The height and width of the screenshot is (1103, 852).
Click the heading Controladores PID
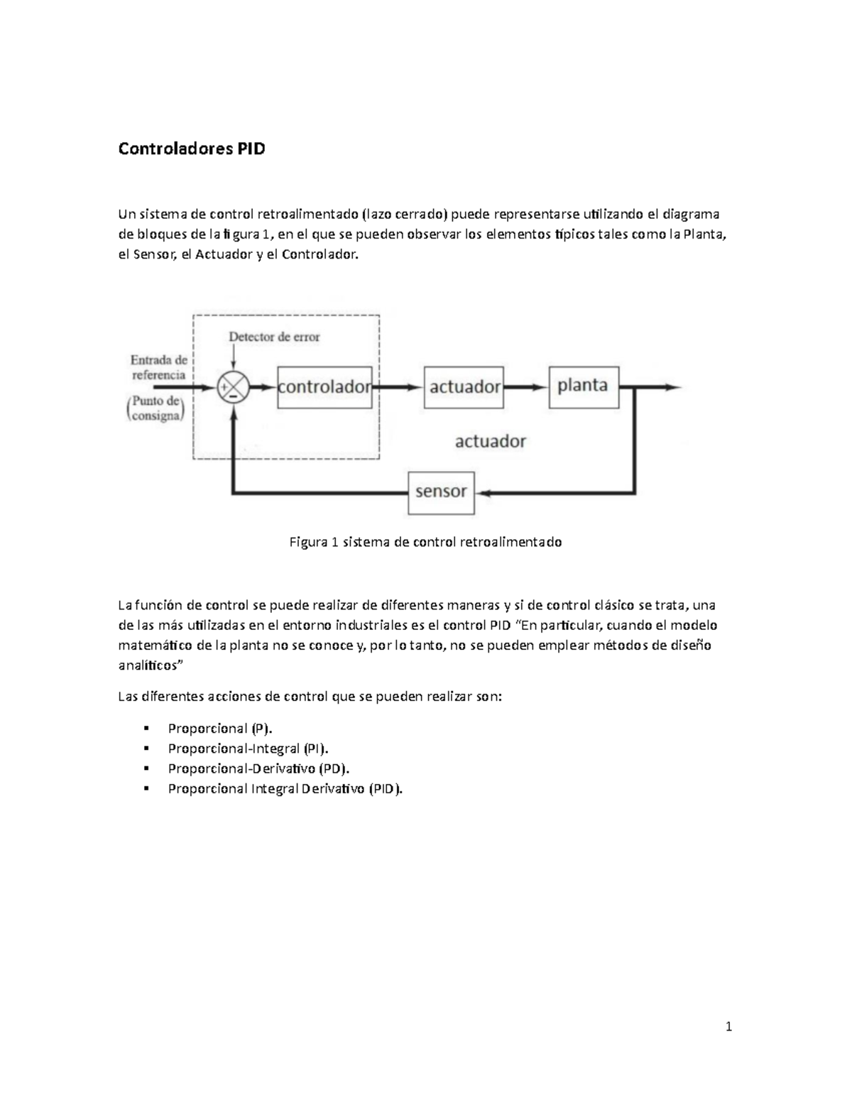click(191, 149)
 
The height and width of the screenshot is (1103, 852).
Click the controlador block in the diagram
click(324, 387)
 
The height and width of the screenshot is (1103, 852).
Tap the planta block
click(583, 386)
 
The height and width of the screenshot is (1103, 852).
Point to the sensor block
click(441, 492)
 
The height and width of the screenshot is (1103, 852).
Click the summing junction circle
click(233, 388)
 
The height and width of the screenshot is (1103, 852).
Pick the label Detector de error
click(274, 337)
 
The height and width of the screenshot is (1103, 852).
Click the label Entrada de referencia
click(158, 367)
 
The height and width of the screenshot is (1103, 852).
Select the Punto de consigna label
click(155, 409)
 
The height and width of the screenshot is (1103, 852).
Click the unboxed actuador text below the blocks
click(490, 441)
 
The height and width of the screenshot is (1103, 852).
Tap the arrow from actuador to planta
click(526, 387)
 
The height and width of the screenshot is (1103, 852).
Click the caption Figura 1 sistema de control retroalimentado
click(425, 542)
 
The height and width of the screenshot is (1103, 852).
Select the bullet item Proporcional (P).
click(219, 728)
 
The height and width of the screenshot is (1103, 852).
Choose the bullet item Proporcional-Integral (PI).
click(248, 748)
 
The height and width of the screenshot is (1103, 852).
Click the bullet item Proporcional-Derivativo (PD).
click(258, 768)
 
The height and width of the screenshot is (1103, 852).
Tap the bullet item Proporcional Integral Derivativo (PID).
click(284, 788)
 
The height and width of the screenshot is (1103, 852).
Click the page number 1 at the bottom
click(728, 1026)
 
